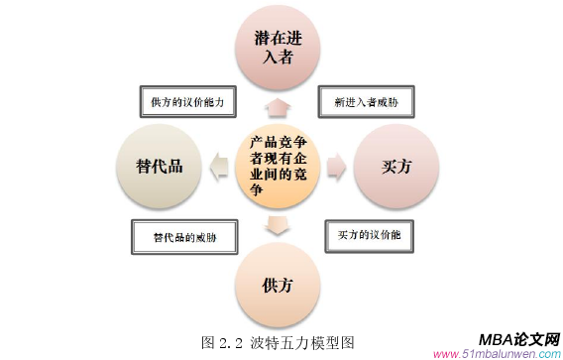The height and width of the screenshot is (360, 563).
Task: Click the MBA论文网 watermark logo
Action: pos(518,339)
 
